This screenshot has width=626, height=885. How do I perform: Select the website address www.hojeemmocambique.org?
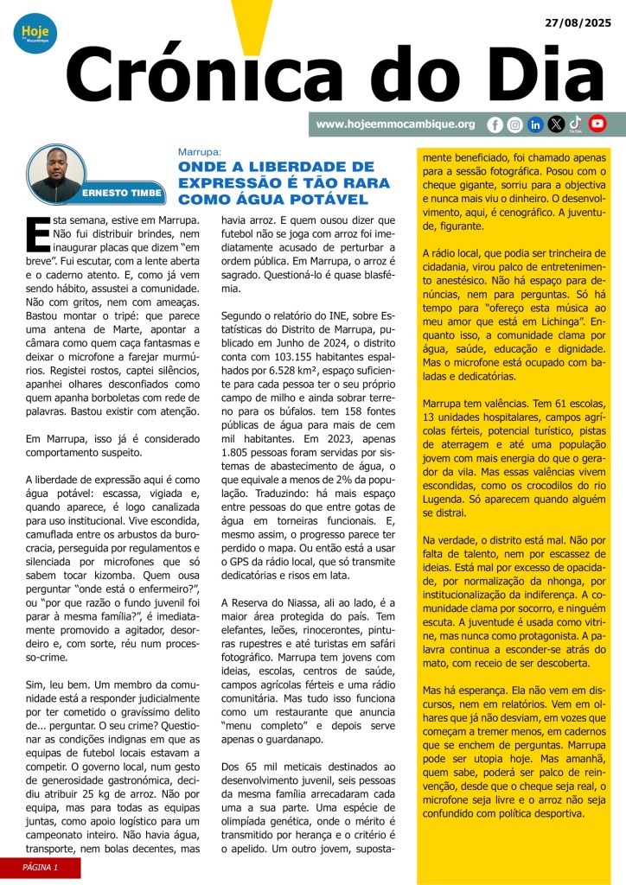[x=395, y=124]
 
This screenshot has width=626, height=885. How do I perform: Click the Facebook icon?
[x=495, y=124]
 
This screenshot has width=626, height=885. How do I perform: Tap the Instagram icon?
[x=515, y=124]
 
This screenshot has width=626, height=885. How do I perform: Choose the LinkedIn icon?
[x=535, y=124]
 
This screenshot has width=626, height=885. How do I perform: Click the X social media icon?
[x=556, y=124]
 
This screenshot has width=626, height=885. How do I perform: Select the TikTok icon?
[x=576, y=124]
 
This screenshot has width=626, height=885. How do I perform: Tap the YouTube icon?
[x=597, y=124]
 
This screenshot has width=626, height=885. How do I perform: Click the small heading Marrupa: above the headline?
[x=200, y=150]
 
